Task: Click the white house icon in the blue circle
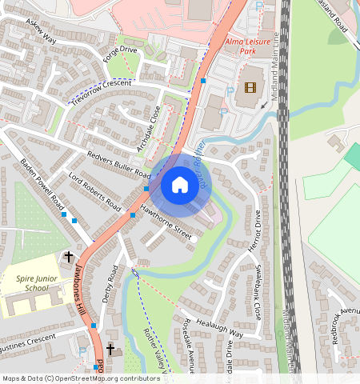point(180,186)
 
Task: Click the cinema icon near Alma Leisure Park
point(250,88)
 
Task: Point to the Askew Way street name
point(40,33)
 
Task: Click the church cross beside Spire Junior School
point(69,258)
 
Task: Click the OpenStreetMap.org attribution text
point(103,378)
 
